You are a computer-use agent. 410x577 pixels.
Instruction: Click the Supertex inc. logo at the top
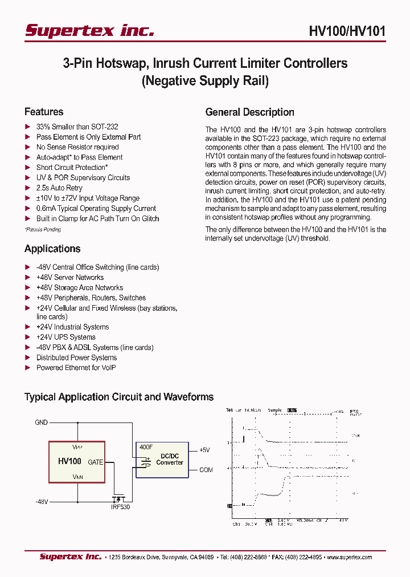point(89,30)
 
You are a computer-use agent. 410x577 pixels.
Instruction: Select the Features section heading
point(44,112)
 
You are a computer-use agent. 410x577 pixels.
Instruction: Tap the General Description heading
point(249,112)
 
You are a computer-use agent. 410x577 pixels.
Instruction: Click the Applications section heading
point(52,249)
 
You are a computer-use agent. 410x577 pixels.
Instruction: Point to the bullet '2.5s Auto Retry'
point(59,188)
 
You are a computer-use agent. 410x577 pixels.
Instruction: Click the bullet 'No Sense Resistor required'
point(77,147)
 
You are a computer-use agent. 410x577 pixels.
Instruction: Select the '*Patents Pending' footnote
point(43,229)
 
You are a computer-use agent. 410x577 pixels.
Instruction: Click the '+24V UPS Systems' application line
point(65,337)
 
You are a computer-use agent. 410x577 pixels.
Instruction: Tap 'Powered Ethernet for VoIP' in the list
point(76,368)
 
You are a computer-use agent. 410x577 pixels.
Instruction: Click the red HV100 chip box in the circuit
point(77,462)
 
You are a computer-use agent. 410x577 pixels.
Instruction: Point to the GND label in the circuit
point(41,422)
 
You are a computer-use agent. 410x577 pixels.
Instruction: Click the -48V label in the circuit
point(42,501)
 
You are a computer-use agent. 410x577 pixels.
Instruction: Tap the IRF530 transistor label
point(121,507)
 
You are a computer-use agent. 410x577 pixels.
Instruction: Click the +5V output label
point(204,450)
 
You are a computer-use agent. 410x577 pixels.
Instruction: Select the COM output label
point(206,470)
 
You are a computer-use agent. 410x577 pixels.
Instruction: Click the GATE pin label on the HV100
point(95,462)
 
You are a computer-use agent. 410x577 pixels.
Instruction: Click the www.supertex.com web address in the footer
point(348,557)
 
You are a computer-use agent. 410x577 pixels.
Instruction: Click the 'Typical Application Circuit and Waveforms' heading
point(119,397)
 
